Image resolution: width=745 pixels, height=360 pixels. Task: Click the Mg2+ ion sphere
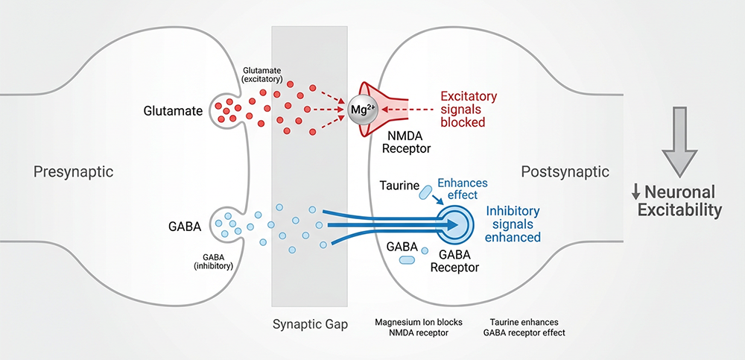pyautogui.click(x=362, y=110)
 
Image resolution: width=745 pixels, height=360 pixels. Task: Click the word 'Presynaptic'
pyautogui.click(x=73, y=172)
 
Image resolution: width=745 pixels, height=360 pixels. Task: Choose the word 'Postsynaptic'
pyautogui.click(x=565, y=172)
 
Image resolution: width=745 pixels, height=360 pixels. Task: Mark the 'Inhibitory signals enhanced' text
pyautogui.click(x=513, y=224)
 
